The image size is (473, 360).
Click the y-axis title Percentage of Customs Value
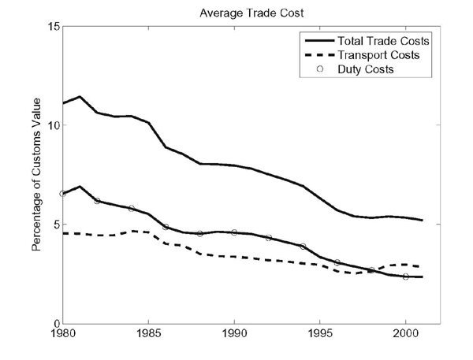36,174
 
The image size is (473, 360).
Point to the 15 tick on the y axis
52,26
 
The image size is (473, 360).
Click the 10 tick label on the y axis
52,125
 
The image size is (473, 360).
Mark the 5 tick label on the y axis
54,225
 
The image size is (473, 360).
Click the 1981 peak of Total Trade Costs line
80,97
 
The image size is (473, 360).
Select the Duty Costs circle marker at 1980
62,193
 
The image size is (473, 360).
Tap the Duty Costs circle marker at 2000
406,276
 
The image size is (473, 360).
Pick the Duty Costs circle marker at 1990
235,232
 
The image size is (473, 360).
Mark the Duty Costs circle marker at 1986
166,227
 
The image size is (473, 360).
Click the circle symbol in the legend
311,69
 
